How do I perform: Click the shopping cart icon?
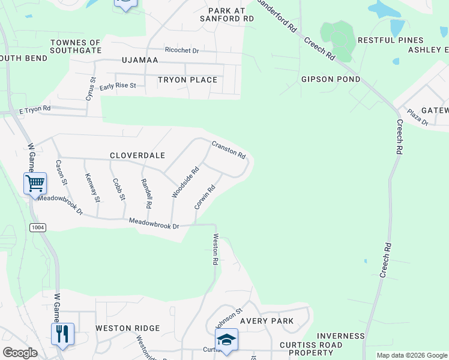pyautogui.click(x=35, y=182)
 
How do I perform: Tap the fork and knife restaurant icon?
pyautogui.click(x=62, y=333)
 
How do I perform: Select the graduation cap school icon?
pyautogui.click(x=226, y=339)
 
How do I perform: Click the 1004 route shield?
pyautogui.click(x=38, y=227)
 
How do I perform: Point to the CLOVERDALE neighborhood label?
pyautogui.click(x=137, y=155)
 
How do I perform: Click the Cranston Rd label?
pyautogui.click(x=228, y=149)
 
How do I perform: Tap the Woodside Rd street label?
pyautogui.click(x=185, y=182)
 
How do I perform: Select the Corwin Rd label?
pyautogui.click(x=205, y=197)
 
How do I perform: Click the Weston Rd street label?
pyautogui.click(x=215, y=250)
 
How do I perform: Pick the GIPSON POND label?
pyautogui.click(x=331, y=79)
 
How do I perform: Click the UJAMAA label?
pyautogui.click(x=139, y=61)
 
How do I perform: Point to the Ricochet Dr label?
pyautogui.click(x=181, y=50)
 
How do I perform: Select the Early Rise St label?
pyautogui.click(x=118, y=86)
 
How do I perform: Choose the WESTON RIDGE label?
pyautogui.click(x=127, y=328)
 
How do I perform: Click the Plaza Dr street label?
pyautogui.click(x=417, y=116)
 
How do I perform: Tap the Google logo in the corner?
pyautogui.click(x=20, y=353)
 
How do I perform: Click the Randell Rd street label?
pyautogui.click(x=146, y=193)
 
